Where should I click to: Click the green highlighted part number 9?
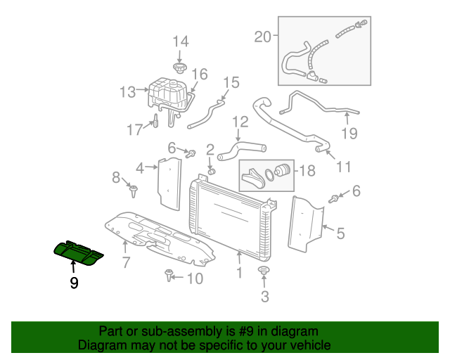79,252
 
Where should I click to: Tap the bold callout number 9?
74,283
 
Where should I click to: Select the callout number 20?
262,37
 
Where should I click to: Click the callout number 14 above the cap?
181,41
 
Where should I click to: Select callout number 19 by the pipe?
349,133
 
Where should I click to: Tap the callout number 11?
343,167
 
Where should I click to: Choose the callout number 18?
307,170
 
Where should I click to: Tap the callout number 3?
265,297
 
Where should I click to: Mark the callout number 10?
194,279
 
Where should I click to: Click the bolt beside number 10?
169,275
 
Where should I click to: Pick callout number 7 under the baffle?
126,264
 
